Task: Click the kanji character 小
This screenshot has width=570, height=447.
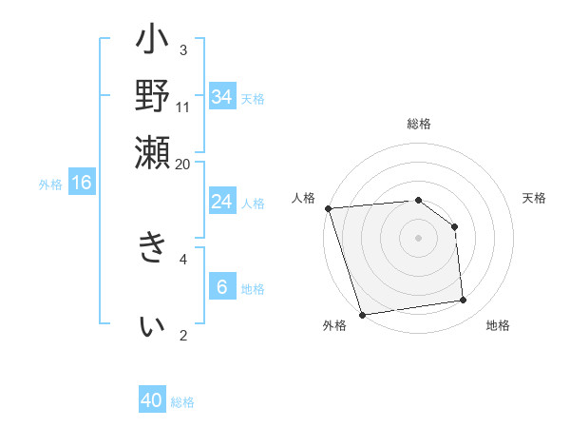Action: (152, 44)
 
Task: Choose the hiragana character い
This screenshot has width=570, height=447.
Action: (152, 324)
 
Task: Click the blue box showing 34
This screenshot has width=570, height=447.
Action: (221, 96)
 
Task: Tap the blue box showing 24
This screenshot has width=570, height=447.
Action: (221, 202)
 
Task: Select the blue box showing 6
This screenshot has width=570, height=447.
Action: (221, 287)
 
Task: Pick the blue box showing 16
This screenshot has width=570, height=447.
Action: (82, 183)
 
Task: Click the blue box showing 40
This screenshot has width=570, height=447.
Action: (152, 400)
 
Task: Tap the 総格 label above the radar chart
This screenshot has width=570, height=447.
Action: (418, 124)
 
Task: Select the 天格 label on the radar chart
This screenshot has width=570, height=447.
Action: (535, 198)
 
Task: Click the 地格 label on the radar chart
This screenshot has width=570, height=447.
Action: (498, 325)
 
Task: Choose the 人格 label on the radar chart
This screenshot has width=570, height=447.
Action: (303, 198)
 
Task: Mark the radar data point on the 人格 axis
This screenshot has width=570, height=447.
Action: (328, 208)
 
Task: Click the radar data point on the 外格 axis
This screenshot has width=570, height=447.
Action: (363, 315)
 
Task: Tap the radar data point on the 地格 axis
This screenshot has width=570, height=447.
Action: (464, 301)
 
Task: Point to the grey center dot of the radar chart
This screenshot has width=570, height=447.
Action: (418, 238)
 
